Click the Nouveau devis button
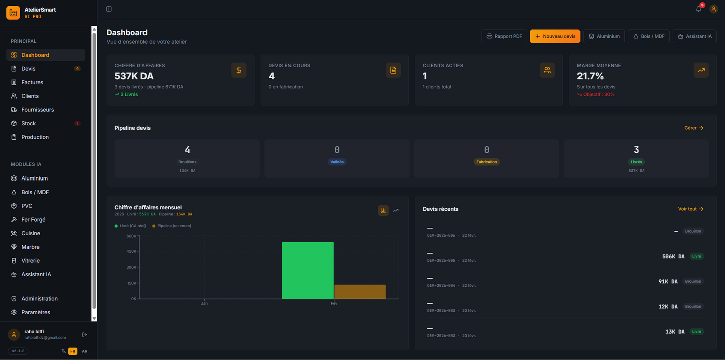point(555,36)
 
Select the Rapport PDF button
point(504,36)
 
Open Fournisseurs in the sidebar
point(37,110)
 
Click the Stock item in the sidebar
point(29,123)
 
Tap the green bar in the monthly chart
point(308,270)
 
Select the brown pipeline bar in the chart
point(360,292)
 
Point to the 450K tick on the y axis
point(131,252)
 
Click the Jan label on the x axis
point(204,303)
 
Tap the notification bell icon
point(698,9)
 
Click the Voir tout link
point(691,209)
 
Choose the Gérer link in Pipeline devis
point(694,128)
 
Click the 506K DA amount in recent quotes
point(673,257)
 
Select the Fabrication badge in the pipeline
point(487,162)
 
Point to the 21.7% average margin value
point(590,76)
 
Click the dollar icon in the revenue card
point(239,70)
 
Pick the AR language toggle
point(84,351)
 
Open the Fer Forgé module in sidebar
point(33,220)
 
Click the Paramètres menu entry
point(36,312)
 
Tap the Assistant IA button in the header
point(695,36)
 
